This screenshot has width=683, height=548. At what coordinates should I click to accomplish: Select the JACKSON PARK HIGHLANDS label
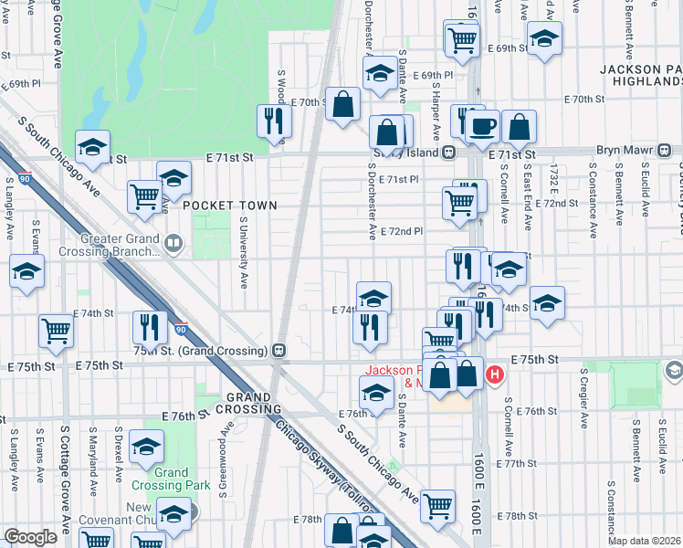642,76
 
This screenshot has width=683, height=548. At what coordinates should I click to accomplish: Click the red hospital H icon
495,374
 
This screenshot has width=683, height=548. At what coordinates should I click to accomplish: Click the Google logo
30,537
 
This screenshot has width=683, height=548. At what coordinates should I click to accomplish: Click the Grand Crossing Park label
171,479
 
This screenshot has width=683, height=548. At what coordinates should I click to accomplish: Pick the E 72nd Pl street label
402,231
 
